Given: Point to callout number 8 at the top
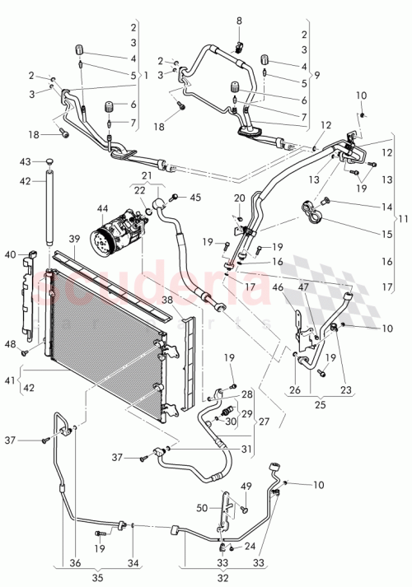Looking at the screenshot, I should [238, 20].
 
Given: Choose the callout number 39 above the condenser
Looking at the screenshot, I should [73, 240].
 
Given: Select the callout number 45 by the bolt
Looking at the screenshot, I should [195, 197].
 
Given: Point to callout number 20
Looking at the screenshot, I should [239, 198].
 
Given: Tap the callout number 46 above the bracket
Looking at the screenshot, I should [279, 287].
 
